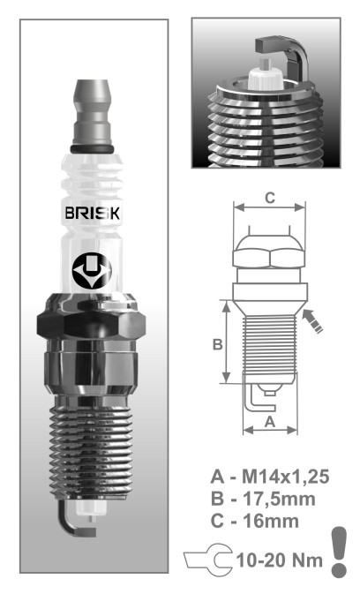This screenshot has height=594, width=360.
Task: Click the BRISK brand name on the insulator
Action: pyautogui.click(x=93, y=213)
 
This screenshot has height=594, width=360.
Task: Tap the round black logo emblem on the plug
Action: pyautogui.click(x=92, y=271)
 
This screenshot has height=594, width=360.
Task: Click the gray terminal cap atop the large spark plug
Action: pyautogui.click(x=92, y=112)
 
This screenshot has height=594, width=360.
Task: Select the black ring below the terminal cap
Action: pyautogui.click(x=92, y=149)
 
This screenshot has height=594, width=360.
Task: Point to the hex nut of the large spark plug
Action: pyautogui.click(x=91, y=320)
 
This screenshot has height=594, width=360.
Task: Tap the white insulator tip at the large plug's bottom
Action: pyautogui.click(x=91, y=508)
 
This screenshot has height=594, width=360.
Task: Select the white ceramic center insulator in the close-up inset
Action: pyautogui.click(x=266, y=76)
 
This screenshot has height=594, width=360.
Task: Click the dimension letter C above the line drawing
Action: pyautogui.click(x=270, y=198)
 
